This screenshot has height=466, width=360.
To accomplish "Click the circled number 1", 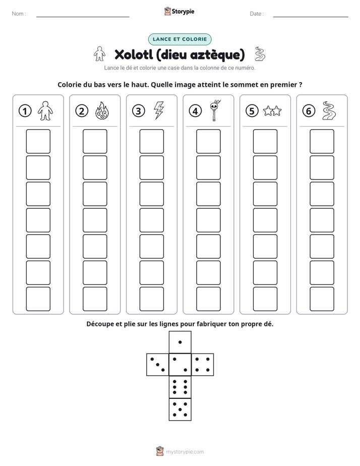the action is click(25, 111).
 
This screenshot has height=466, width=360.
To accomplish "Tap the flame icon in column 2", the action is click(102, 110).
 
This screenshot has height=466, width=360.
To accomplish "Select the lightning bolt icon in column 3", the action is click(159, 110).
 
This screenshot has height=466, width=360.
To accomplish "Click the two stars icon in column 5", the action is click(272, 111).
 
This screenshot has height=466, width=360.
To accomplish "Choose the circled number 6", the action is click(309, 111).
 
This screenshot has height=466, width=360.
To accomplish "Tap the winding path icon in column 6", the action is click(329, 110).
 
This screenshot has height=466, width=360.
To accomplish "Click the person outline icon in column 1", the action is click(45, 110).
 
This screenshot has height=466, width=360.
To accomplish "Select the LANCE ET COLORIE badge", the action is click(179, 39).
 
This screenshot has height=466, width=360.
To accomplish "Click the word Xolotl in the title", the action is click(134, 54).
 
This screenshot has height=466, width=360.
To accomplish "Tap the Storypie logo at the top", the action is click(179, 11).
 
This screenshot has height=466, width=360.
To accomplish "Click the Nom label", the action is click(19, 14).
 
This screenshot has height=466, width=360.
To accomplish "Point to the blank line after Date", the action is click(311, 17).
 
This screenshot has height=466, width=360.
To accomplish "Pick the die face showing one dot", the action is click(180, 342).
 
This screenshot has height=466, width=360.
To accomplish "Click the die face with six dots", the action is click(180, 387).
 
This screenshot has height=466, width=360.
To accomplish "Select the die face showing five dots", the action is click(180, 409).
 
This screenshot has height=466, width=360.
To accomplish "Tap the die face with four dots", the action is click(203, 365).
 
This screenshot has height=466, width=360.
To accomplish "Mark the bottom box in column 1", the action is click(38, 299).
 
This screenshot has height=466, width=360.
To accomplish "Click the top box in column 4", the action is click(208, 141).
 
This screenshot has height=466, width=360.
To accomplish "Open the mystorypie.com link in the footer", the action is click(185, 452).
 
